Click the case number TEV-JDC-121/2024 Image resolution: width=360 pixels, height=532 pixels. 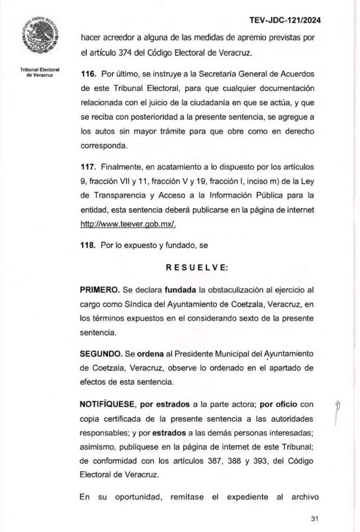[285, 20]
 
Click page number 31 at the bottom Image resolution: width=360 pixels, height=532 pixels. [313, 518]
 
